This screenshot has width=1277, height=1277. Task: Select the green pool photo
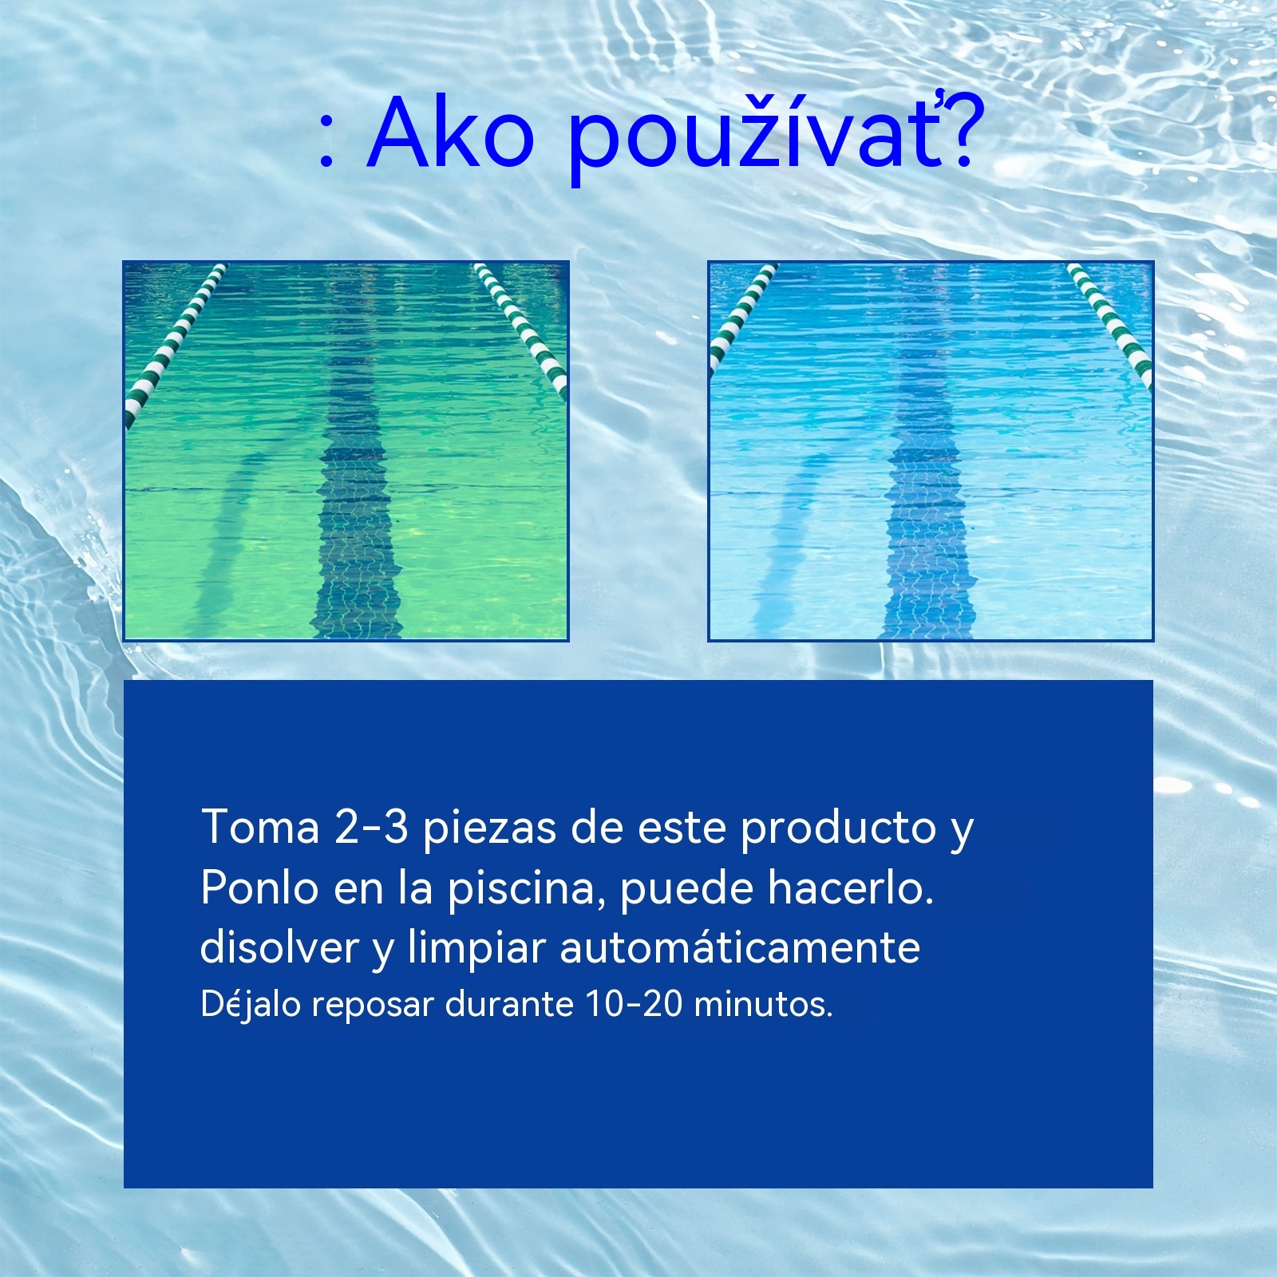point(346,451)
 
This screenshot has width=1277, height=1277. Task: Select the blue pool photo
point(931,451)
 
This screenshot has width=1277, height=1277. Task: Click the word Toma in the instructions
point(260,827)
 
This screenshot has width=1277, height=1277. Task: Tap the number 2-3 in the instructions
point(371,828)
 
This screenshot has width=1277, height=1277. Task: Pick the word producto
point(838,830)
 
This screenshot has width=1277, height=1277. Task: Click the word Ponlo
point(259,887)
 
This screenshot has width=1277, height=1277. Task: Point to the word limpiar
point(476,951)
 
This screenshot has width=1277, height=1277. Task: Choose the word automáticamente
point(740,947)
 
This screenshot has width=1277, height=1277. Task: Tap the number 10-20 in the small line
point(634,1004)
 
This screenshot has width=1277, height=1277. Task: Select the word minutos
point(763,1005)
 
